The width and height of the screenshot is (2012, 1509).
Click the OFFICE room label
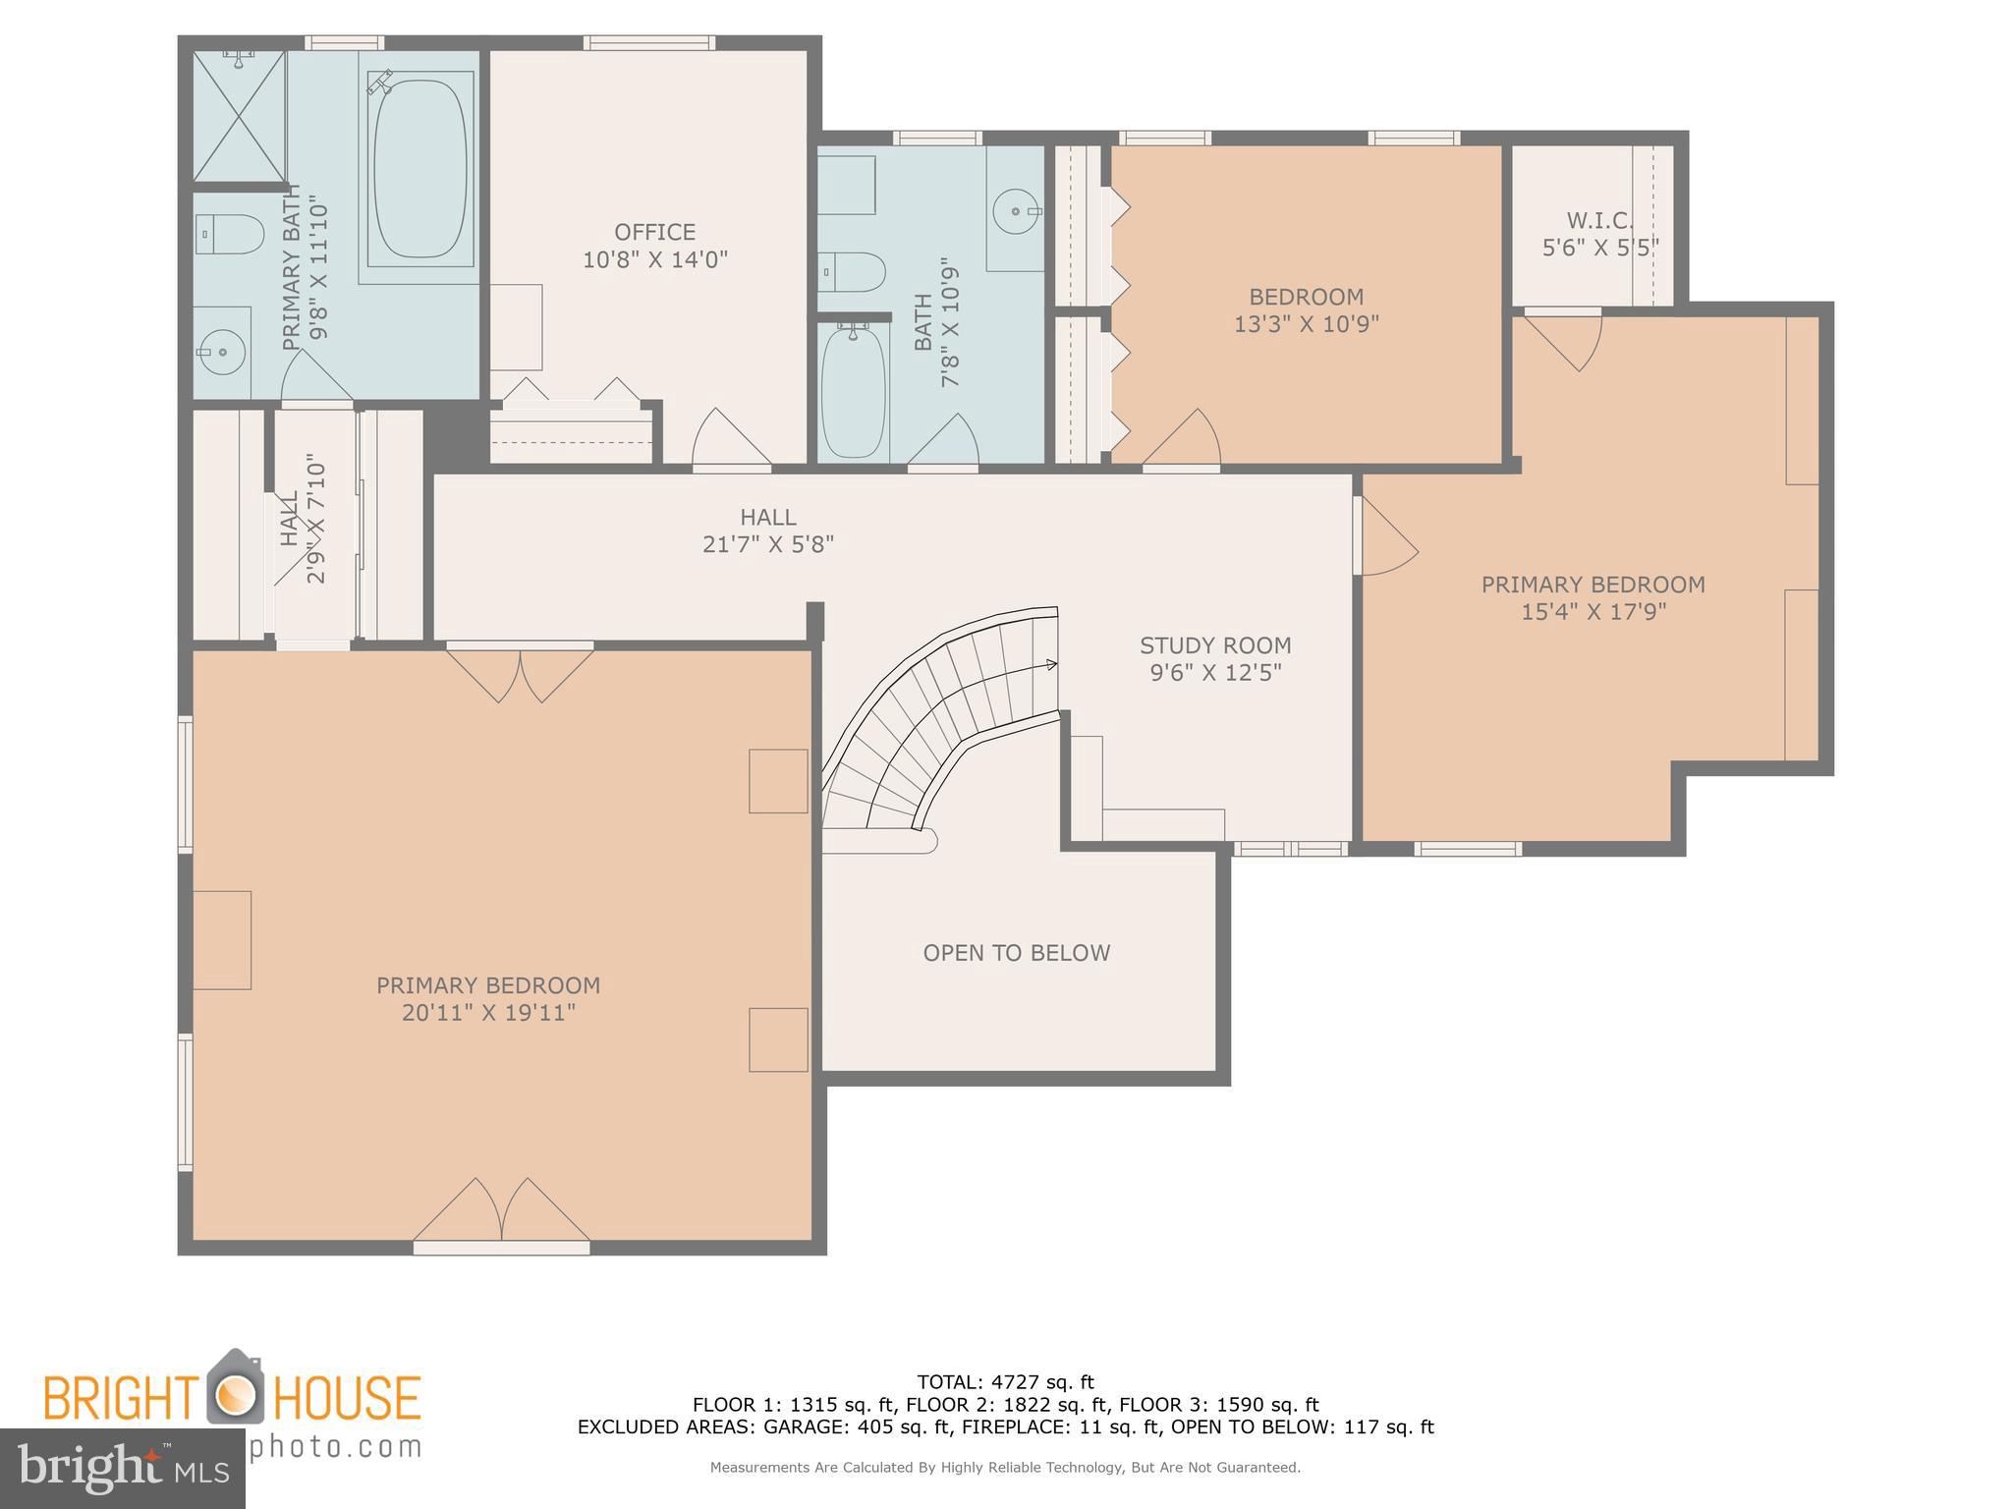(654, 233)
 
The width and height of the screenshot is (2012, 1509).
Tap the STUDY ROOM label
(1215, 645)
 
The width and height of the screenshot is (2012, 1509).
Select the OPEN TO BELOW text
(1016, 953)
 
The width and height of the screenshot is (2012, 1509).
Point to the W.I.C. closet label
(1598, 220)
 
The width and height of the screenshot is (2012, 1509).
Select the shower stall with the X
(239, 116)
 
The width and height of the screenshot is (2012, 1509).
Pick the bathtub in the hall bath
(853, 391)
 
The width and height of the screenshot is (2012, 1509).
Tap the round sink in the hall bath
(1014, 209)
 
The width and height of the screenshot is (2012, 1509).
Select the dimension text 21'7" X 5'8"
(768, 544)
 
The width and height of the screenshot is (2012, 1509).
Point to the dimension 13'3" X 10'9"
(1306, 324)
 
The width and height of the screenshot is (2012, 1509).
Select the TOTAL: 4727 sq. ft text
(1005, 1383)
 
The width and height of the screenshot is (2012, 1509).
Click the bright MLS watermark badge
(122, 1468)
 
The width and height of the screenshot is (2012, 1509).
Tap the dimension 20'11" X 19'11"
(488, 1013)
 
